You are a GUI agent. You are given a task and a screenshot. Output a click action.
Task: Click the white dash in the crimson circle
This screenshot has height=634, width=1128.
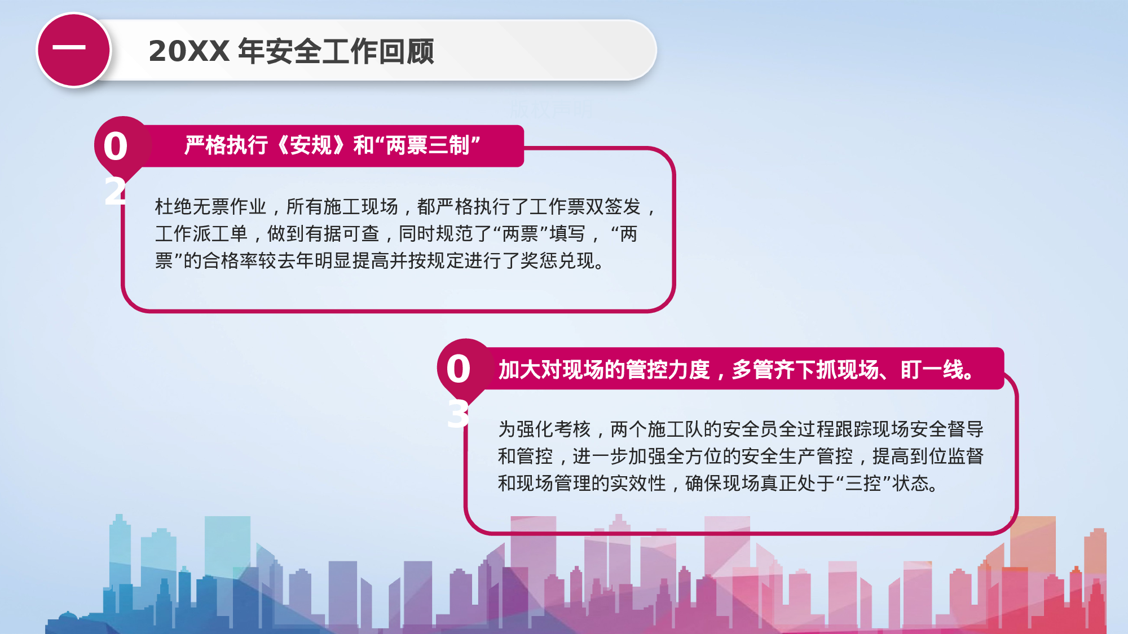(x=69, y=48)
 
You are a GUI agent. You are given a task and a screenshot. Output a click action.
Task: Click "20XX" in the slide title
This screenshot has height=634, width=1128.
(x=188, y=51)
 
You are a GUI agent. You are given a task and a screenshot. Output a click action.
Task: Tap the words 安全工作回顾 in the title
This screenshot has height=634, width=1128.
(x=336, y=51)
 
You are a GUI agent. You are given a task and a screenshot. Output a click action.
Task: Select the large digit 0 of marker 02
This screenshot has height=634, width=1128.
(x=116, y=147)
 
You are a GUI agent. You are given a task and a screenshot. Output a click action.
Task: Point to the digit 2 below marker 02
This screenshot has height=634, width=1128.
(x=115, y=192)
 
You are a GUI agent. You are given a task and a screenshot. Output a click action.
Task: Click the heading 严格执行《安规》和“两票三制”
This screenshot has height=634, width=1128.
(x=332, y=145)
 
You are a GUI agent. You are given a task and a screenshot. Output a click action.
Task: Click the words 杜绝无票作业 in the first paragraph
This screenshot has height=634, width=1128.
(x=210, y=207)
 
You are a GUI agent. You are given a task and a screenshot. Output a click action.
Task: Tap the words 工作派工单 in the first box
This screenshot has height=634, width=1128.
(x=201, y=233)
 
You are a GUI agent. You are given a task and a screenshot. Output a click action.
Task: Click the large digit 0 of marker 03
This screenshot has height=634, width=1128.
(x=458, y=370)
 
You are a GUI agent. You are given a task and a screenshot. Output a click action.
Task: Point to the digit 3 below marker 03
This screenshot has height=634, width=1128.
(x=458, y=414)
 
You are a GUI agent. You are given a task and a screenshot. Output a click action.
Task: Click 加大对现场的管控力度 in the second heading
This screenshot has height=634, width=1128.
(x=604, y=370)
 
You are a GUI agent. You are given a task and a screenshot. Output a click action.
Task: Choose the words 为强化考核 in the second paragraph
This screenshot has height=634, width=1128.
(x=544, y=429)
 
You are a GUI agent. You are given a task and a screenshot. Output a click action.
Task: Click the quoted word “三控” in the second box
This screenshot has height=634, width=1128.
(x=863, y=484)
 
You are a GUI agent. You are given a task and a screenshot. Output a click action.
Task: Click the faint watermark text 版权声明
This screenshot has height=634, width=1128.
(x=551, y=109)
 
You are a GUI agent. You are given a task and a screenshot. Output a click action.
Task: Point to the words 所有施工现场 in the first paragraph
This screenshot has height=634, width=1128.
(x=342, y=207)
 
